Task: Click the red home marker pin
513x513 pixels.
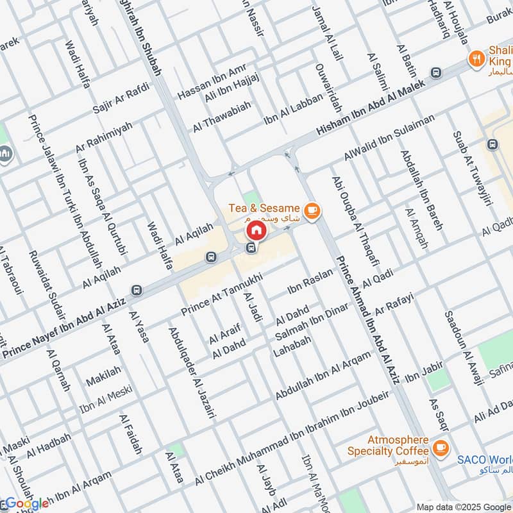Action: click(255, 230)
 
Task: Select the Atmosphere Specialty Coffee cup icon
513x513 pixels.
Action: click(441, 446)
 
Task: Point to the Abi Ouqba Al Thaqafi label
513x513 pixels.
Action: click(354, 221)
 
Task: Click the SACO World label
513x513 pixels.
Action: click(484, 460)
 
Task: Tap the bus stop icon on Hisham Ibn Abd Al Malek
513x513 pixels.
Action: click(437, 72)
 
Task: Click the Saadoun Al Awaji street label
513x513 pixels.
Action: click(463, 349)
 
